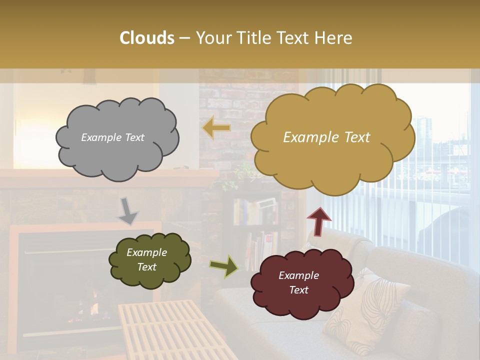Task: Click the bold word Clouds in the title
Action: [147, 38]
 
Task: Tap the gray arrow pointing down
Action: [128, 210]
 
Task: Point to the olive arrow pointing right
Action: [224, 265]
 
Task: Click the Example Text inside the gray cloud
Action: [112, 137]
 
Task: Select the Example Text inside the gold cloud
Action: [326, 137]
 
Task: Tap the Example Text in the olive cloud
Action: [146, 260]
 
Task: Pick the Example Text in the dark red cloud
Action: [298, 282]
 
